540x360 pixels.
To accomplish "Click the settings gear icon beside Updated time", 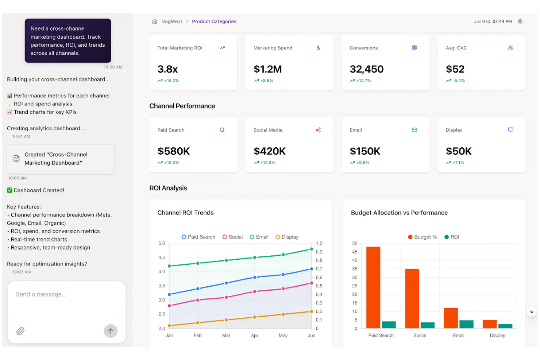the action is [x=520, y=21].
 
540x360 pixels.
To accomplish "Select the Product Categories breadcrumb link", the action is [x=214, y=22].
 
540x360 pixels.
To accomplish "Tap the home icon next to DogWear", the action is [x=155, y=22].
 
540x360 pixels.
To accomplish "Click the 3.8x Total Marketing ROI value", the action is [x=167, y=69].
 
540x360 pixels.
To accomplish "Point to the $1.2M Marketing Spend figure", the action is [x=267, y=69].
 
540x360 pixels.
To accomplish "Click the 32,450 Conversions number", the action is [x=366, y=69].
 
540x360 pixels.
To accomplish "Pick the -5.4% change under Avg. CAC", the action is [x=459, y=81].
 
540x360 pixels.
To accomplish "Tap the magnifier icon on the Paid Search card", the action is [x=222, y=130].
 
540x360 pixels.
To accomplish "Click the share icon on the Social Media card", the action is [x=318, y=130].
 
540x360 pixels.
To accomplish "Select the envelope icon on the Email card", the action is [x=414, y=130].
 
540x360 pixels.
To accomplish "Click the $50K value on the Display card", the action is [x=459, y=151].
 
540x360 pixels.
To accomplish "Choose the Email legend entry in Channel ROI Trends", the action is [x=259, y=237].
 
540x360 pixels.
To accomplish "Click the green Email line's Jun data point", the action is [x=312, y=249].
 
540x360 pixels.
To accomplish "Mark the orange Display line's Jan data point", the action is [x=169, y=326].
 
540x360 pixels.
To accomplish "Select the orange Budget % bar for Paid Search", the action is [x=373, y=287].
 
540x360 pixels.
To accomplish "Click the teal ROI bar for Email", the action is [x=466, y=324].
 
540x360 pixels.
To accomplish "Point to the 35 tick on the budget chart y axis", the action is [x=354, y=269].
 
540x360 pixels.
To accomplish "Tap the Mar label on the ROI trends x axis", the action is [x=226, y=335].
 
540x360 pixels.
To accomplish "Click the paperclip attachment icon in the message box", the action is [x=20, y=331].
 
